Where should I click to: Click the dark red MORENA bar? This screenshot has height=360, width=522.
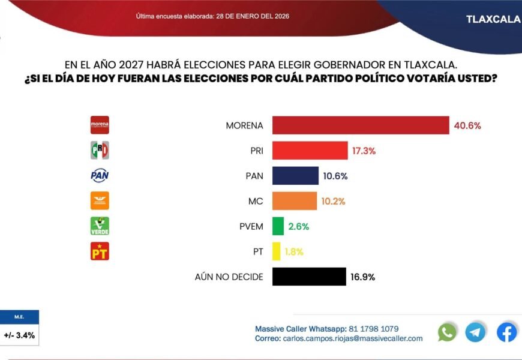[361, 125]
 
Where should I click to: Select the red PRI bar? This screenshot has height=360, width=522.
[310, 151]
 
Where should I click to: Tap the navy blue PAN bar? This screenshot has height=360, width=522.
[295, 176]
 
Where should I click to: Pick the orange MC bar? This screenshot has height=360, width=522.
[295, 201]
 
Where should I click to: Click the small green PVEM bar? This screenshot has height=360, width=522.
[278, 226]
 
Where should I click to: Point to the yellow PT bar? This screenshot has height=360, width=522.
[276, 251]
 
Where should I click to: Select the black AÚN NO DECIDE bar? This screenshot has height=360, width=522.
[309, 277]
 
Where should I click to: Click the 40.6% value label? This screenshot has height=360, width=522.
[468, 125]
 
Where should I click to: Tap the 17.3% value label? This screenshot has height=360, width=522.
[364, 151]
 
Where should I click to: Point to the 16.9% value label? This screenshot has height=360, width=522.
[363, 277]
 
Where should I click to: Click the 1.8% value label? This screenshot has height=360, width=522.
[294, 251]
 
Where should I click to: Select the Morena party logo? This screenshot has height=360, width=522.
[100, 125]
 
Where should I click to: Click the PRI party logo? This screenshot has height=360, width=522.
[100, 150]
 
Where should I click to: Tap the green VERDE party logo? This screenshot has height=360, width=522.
[100, 226]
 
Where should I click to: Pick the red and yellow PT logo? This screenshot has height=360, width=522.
[100, 251]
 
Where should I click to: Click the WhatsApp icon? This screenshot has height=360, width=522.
[447, 332]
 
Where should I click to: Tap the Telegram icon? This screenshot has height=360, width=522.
[475, 332]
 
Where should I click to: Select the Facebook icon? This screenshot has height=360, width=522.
[506, 332]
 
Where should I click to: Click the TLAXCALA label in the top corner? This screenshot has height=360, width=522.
[493, 19]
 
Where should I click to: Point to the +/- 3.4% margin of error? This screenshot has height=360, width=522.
[19, 335]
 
